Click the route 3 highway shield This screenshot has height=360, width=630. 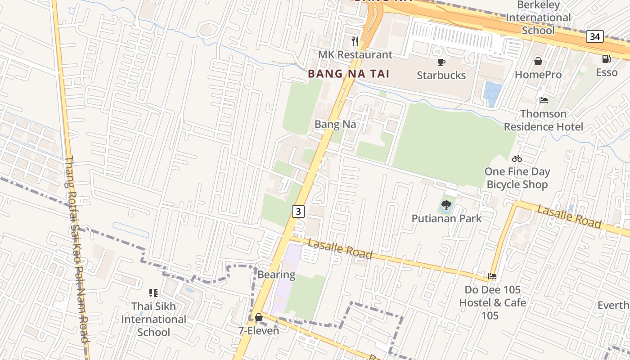[298, 211]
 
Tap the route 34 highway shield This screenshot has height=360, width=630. [594, 36]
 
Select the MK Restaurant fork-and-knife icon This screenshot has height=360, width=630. [355, 41]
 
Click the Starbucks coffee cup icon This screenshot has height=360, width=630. [441, 62]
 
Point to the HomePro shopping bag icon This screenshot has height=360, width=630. [538, 61]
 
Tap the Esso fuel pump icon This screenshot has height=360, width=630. [606, 59]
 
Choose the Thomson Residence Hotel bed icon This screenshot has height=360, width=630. [544, 100]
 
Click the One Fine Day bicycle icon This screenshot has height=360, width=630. [517, 158]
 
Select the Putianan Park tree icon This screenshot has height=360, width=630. [446, 206]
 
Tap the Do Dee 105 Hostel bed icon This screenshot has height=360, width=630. [492, 276]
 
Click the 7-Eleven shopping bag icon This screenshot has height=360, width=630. [259, 318]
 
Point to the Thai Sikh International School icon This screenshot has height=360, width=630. [153, 293]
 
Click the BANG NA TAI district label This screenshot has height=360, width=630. [348, 74]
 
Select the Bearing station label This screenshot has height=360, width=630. [276, 274]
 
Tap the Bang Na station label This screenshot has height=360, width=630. [335, 124]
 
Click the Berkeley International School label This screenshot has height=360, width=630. [538, 18]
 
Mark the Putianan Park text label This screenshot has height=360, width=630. [446, 219]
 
